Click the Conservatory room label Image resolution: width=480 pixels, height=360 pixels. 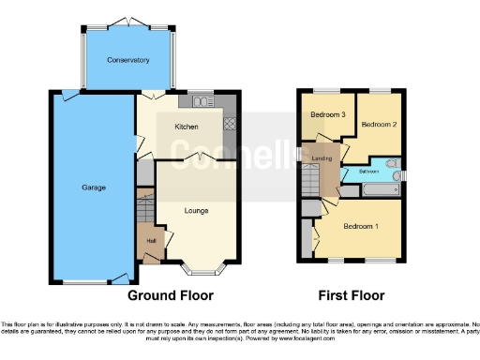127,61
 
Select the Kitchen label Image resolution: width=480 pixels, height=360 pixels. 186,127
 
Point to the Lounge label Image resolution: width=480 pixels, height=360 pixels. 196,212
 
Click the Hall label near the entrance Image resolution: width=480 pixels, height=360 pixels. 150,241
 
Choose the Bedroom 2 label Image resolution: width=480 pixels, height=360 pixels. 380,124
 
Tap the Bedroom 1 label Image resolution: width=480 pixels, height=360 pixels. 361,227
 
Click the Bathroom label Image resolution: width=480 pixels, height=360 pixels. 369,172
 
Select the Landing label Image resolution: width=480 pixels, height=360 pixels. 322,158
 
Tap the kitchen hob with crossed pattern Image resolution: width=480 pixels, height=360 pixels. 228,124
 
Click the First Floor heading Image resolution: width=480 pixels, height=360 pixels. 352,295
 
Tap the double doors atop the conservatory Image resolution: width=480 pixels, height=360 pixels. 127,22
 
